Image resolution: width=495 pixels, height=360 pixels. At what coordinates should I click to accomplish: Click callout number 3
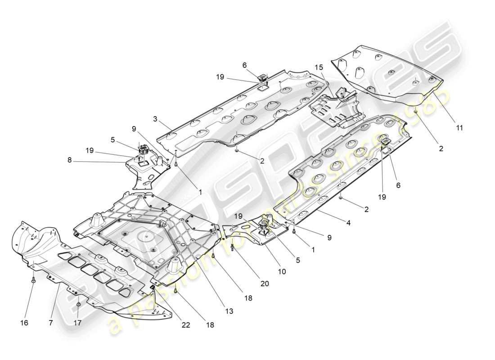pos(154,119)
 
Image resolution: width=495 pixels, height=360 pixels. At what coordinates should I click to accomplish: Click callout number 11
pos(459,128)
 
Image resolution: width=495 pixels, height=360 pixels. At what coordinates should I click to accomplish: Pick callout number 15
pos(319,67)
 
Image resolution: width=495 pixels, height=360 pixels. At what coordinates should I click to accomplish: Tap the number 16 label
pos(24,323)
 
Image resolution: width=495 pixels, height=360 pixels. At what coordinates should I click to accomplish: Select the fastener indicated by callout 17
pos(78,305)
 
